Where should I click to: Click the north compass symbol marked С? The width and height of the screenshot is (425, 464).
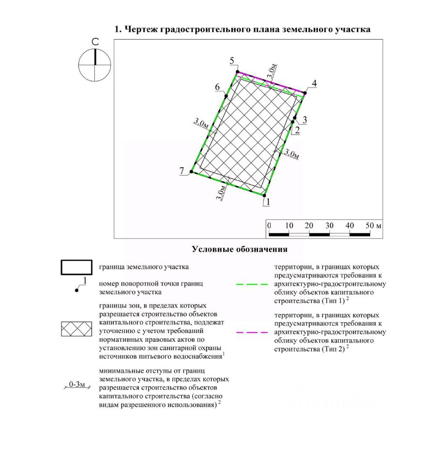[95, 64]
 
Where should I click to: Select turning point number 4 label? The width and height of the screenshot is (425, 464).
[314, 84]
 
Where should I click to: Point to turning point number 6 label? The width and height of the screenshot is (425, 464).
[218, 87]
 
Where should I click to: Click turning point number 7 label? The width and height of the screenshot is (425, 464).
[182, 170]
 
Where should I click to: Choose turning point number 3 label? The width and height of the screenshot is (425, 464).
[304, 119]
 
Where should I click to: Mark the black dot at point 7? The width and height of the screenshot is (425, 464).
[191, 172]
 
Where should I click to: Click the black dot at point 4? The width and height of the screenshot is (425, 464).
[305, 92]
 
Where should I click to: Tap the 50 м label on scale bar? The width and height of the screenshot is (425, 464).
[373, 226]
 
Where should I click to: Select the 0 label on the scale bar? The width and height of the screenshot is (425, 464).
[269, 226]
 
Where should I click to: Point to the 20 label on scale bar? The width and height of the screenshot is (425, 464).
[309, 226]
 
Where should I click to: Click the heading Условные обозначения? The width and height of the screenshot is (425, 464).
[240, 250]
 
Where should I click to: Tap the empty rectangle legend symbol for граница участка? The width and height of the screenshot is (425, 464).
[76, 267]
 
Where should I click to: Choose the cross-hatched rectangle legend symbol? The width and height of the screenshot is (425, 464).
[76, 329]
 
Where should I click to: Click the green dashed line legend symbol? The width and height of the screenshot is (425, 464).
[252, 285]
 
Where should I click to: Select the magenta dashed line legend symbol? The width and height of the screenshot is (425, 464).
[252, 333]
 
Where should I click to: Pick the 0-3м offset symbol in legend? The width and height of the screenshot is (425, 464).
[76, 385]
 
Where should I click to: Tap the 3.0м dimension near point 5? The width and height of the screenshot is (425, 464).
[273, 72]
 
